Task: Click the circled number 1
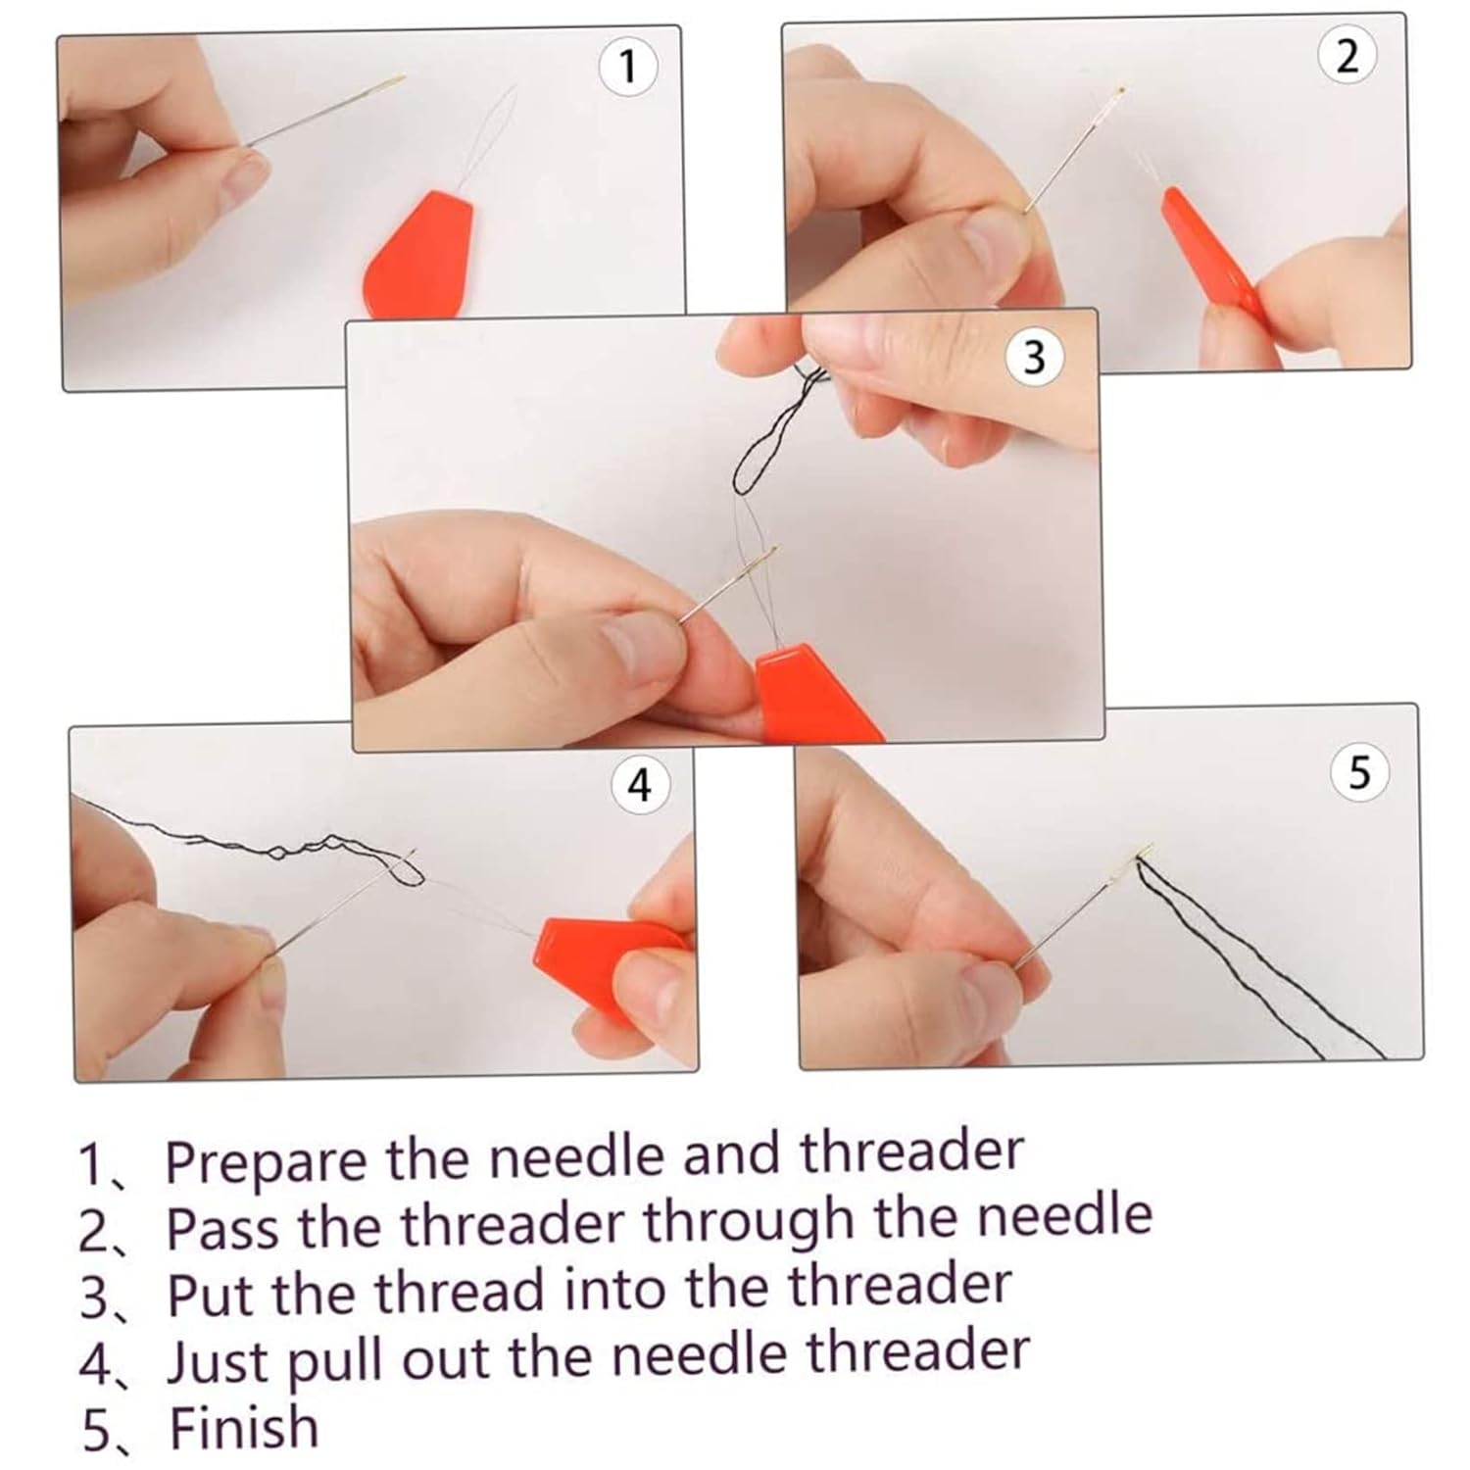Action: click(628, 68)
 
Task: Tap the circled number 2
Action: click(1347, 57)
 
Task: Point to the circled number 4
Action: click(639, 785)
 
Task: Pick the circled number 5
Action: click(1358, 773)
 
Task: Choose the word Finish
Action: click(244, 1426)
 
